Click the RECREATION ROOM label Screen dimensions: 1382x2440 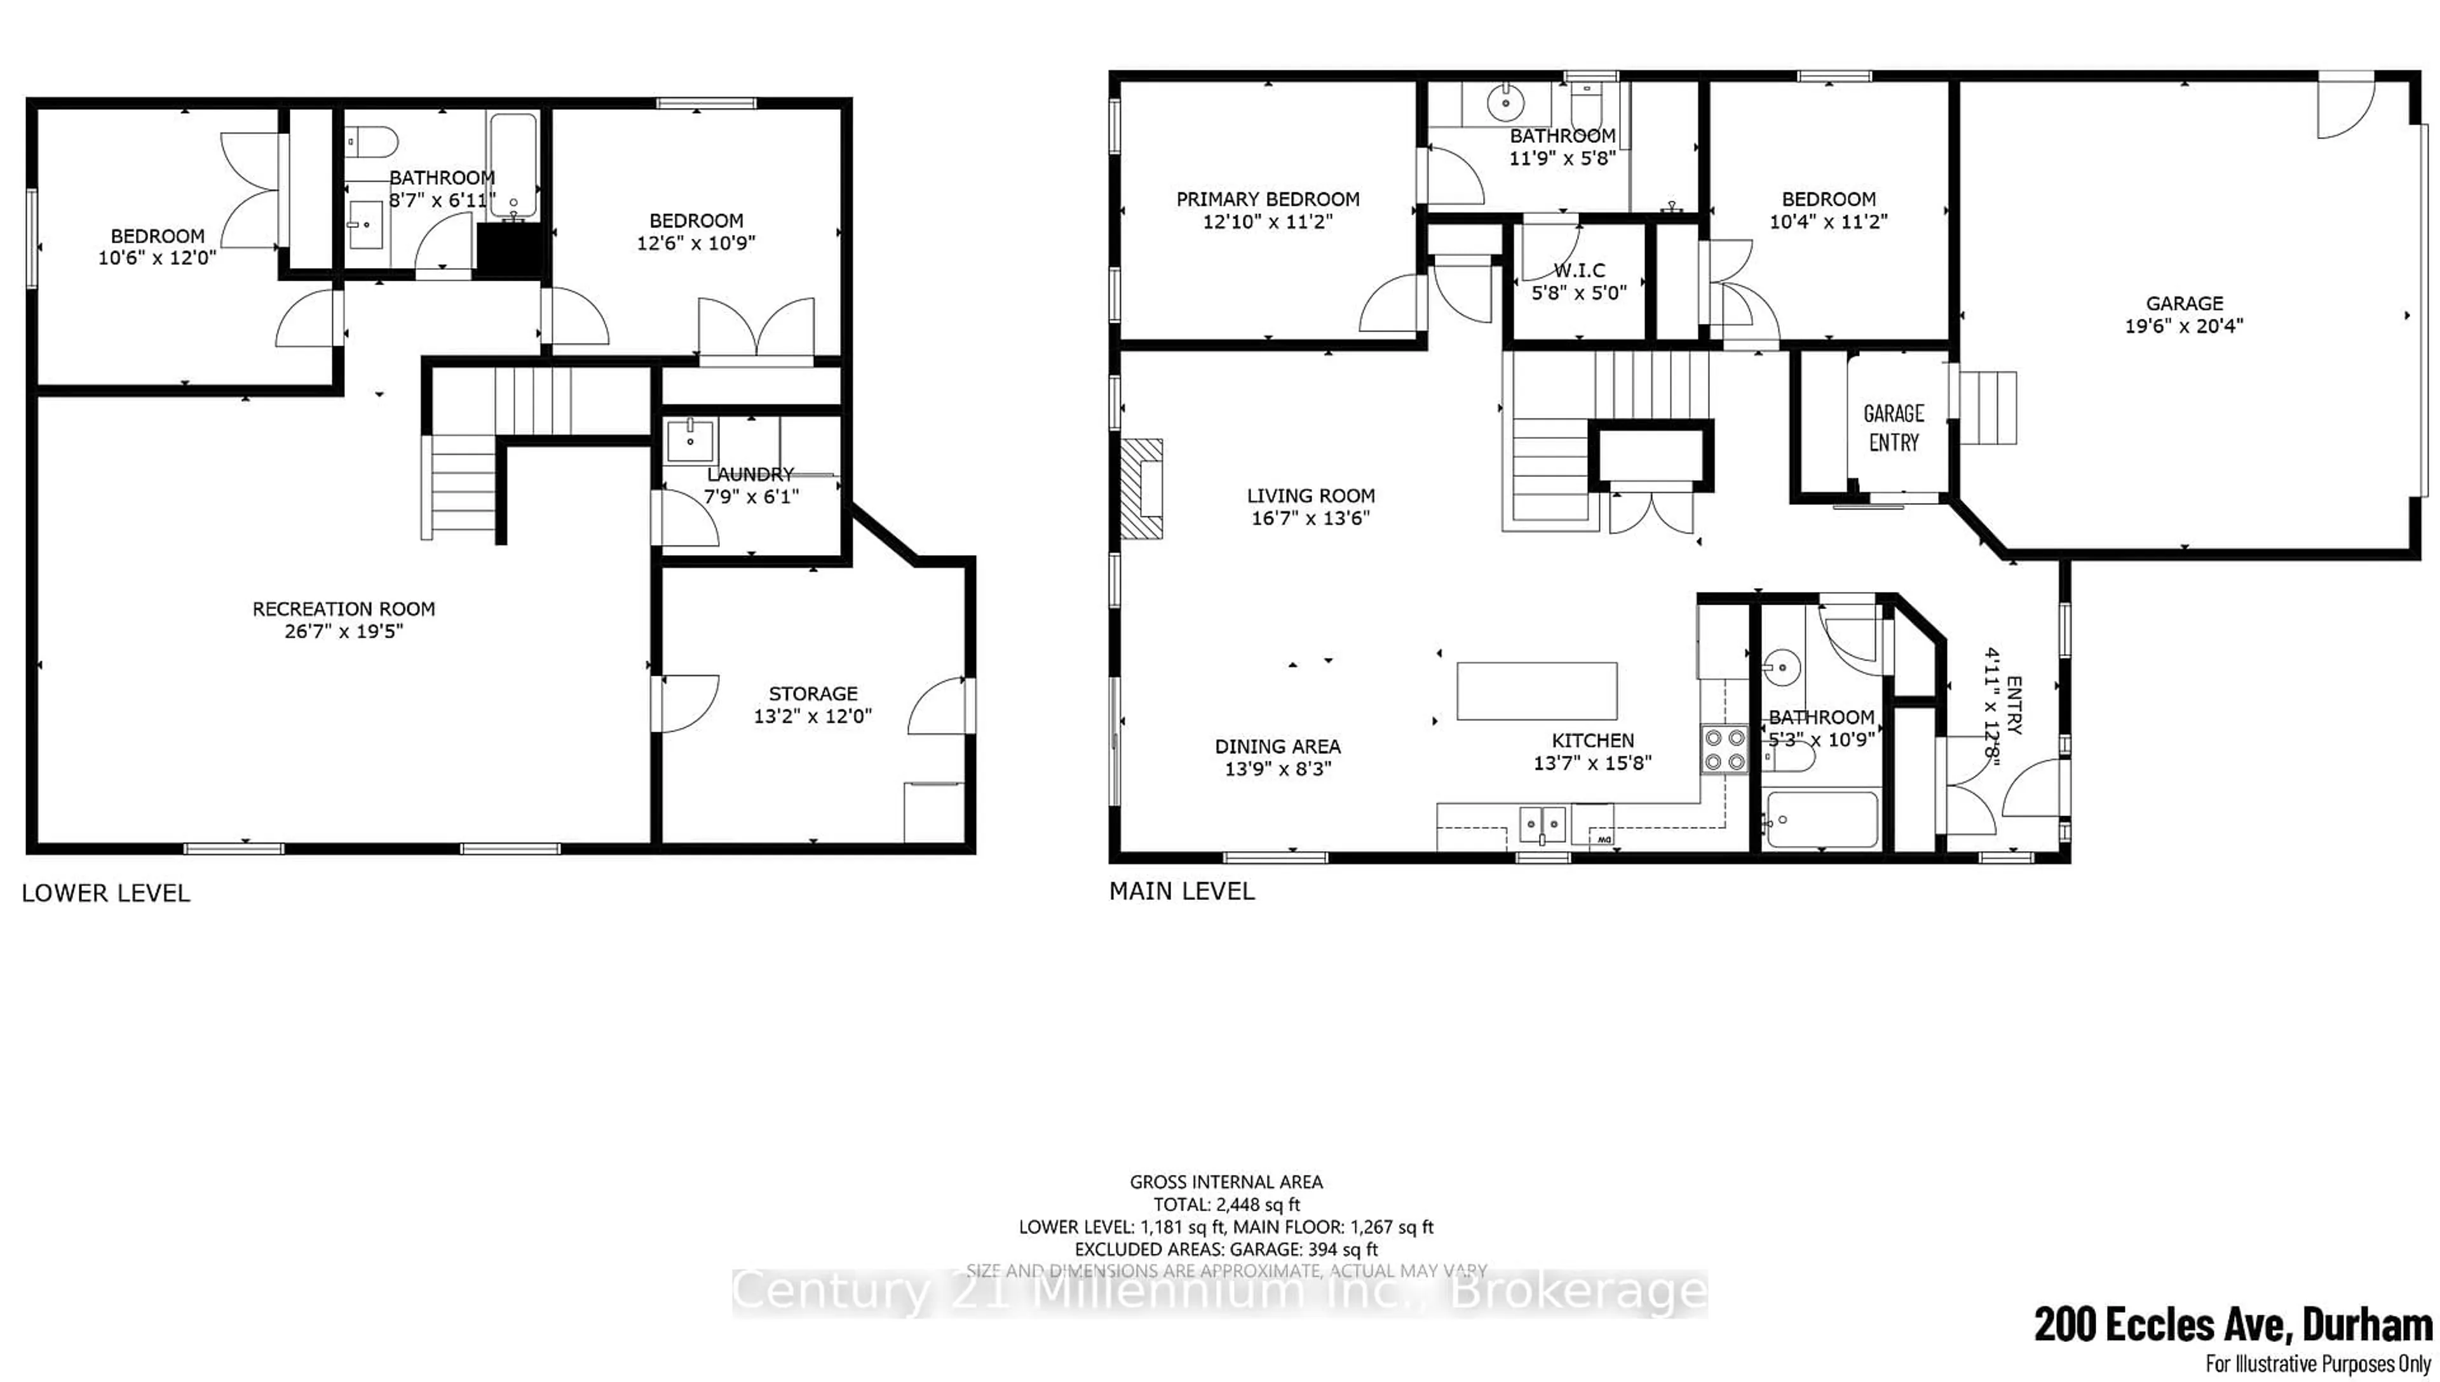[344, 609]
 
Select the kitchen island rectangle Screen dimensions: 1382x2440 [1537, 691]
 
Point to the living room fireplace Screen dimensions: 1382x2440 [1142, 489]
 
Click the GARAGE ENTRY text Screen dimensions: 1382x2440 [1893, 427]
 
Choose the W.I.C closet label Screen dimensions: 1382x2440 [1579, 271]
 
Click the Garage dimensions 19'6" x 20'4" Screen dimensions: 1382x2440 [2184, 326]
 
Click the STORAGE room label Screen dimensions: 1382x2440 [813, 694]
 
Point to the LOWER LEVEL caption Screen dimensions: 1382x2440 [105, 893]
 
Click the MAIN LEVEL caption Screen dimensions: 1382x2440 [1181, 891]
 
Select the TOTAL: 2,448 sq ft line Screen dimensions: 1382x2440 [1226, 1205]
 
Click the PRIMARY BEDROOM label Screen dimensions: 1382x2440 [1268, 199]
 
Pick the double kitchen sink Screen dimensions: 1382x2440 [1543, 824]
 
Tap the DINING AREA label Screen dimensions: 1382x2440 [1277, 747]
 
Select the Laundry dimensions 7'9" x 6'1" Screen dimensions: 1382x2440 [751, 497]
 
